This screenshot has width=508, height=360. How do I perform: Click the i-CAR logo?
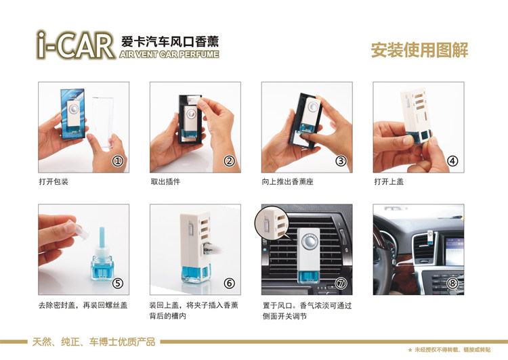(x=75, y=45)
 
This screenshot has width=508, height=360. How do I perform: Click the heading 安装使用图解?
(x=419, y=50)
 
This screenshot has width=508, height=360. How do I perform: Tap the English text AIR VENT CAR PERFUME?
(x=169, y=54)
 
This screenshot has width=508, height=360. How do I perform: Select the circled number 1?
(x=118, y=161)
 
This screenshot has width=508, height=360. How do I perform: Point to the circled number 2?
(x=230, y=161)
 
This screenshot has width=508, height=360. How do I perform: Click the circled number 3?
(x=341, y=161)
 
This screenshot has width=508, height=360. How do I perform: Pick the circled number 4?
(x=452, y=161)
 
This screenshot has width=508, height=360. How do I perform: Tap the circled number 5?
(x=118, y=284)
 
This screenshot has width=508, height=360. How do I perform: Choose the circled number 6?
(x=230, y=284)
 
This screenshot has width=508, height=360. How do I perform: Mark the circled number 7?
(x=341, y=284)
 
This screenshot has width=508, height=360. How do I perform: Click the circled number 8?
(x=452, y=284)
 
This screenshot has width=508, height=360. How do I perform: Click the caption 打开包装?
(x=54, y=181)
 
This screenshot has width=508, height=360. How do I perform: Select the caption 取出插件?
(x=165, y=181)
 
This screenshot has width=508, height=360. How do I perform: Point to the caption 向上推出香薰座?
(x=288, y=181)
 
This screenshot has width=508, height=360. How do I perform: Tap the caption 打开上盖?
(x=389, y=181)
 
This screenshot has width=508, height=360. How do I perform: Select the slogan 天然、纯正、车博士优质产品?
(x=93, y=342)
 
